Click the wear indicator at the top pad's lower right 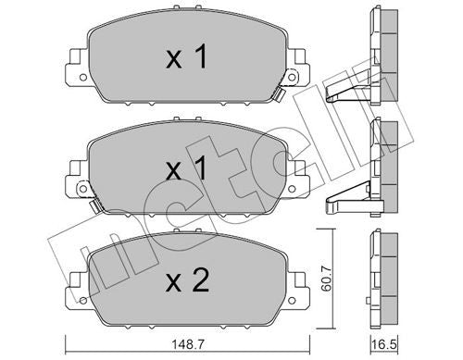(278, 95)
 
